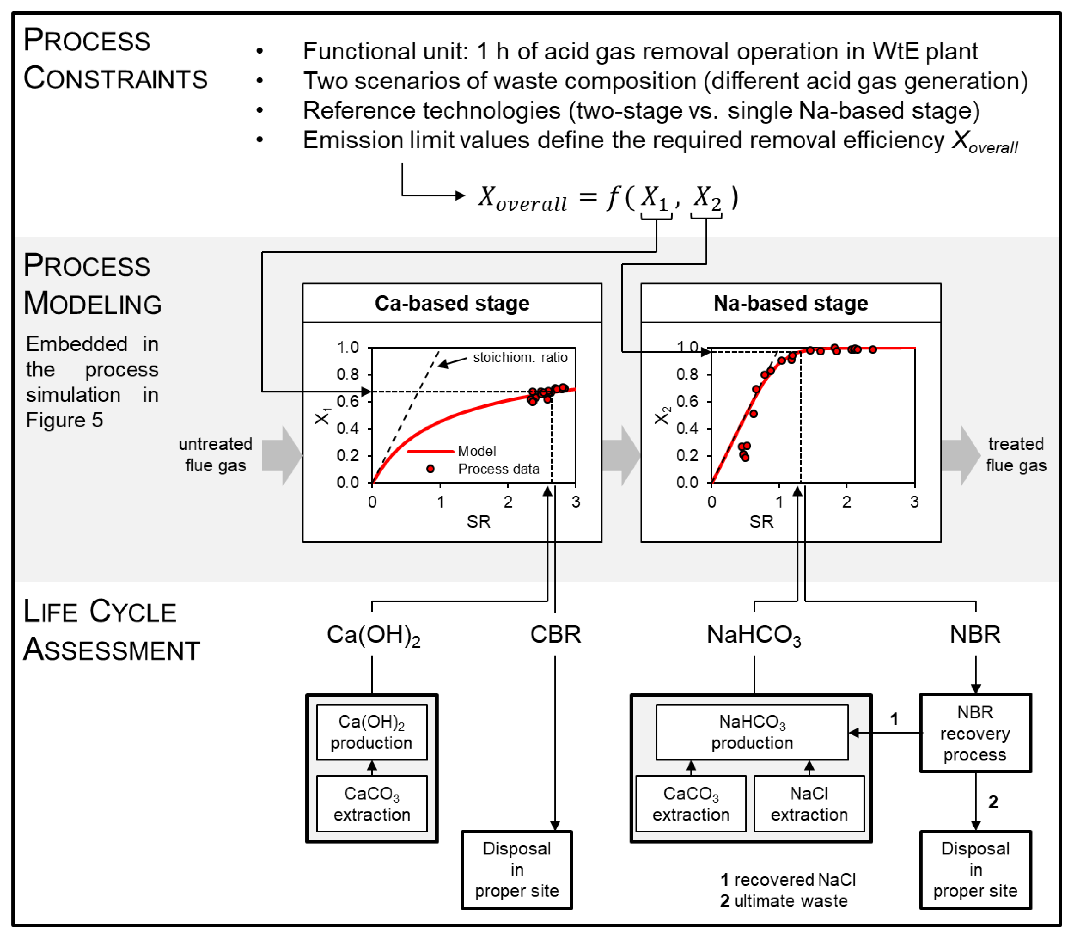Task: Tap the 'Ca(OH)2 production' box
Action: [x=372, y=732]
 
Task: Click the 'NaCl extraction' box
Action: [x=809, y=803]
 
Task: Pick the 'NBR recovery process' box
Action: [x=976, y=733]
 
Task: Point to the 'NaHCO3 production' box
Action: [x=752, y=732]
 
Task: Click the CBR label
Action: [x=556, y=634]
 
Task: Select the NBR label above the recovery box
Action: [x=976, y=634]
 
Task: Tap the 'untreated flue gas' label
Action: [x=215, y=454]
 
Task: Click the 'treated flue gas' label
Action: [x=1016, y=454]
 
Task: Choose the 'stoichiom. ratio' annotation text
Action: [x=520, y=358]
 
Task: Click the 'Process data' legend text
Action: [x=499, y=469]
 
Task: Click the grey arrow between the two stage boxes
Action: [x=621, y=455]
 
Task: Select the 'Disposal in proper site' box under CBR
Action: [x=517, y=870]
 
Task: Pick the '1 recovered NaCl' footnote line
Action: [x=788, y=880]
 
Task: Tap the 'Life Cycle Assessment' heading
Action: [x=111, y=630]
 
